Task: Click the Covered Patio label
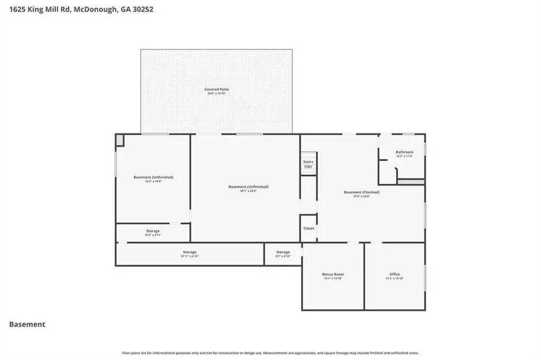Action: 216,89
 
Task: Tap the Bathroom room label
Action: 404,152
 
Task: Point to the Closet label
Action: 308,228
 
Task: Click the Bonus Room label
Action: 332,274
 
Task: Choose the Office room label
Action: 394,274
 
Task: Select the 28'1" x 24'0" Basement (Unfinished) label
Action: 248,186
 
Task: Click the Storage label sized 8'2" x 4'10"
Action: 283,252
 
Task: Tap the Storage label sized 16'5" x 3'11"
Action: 152,231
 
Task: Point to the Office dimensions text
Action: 394,279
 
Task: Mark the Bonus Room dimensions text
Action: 332,279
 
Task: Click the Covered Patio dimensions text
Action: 216,94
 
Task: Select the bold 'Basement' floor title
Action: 27,325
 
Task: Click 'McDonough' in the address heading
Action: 93,10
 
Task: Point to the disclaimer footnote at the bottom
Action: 270,353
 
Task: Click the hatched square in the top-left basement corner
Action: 120,139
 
